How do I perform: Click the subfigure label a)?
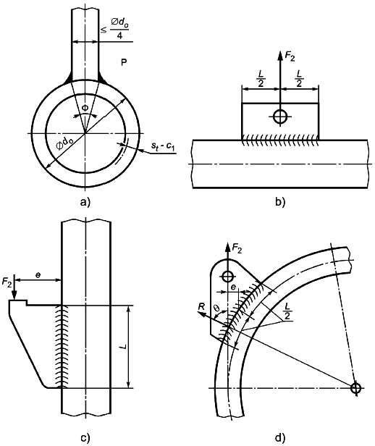(x=85, y=202)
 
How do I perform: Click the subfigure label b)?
(x=280, y=202)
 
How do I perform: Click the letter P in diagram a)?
(x=124, y=62)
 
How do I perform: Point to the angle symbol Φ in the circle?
(x=85, y=108)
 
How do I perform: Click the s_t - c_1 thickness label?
(x=163, y=147)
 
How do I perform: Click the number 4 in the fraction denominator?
(x=119, y=36)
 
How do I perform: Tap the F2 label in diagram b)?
(x=290, y=57)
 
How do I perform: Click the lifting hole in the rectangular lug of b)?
(x=280, y=117)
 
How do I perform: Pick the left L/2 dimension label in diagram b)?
(x=261, y=78)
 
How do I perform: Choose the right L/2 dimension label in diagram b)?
(x=299, y=78)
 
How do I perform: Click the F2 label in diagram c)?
(x=7, y=282)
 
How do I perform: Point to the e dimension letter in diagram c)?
(x=38, y=275)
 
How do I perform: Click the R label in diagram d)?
(x=201, y=306)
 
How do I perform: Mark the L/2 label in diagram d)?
(x=287, y=311)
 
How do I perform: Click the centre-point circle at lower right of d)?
(x=355, y=388)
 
